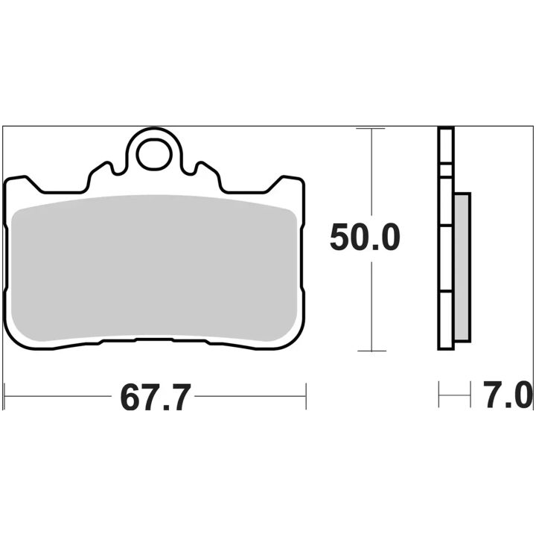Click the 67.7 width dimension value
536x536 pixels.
(x=155, y=398)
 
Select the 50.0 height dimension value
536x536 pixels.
(x=365, y=237)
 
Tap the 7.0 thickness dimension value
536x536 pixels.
(x=507, y=395)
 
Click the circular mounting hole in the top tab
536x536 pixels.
(x=154, y=154)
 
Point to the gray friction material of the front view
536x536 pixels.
(x=154, y=268)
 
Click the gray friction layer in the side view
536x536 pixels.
(x=462, y=267)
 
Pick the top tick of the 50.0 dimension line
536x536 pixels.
(x=371, y=129)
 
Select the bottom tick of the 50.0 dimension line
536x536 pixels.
(x=371, y=351)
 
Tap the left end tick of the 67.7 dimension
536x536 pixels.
(x=4, y=397)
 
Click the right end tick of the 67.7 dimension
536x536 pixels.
(x=306, y=397)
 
